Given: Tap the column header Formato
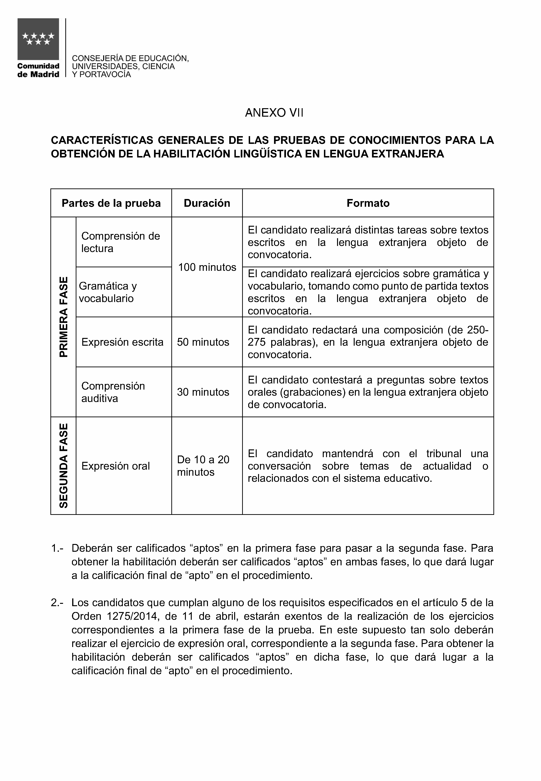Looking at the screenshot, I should pos(368,203).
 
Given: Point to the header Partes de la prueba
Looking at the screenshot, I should pos(111,203).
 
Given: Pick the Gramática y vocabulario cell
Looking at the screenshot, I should pos(108,292).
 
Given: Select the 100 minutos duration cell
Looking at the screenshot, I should pos(207,267).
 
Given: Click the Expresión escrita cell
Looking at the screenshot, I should pos(122,342).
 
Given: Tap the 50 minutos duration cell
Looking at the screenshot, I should pos(203,342).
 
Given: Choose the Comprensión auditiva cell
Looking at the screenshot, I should pos(113,392).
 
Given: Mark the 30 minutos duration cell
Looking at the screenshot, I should pos(203,392).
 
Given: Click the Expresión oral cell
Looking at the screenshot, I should pos(116,466).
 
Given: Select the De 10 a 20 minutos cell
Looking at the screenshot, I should pos(203,466).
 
